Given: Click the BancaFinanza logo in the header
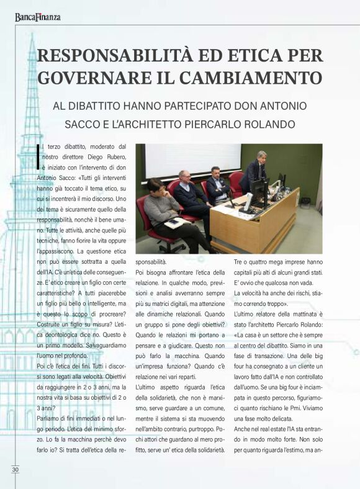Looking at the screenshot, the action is pos(38,17).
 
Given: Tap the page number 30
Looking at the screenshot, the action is pos(15,469).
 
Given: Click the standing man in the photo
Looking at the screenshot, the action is pos(254,171).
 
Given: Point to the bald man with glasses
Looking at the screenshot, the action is pos(186,192).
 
